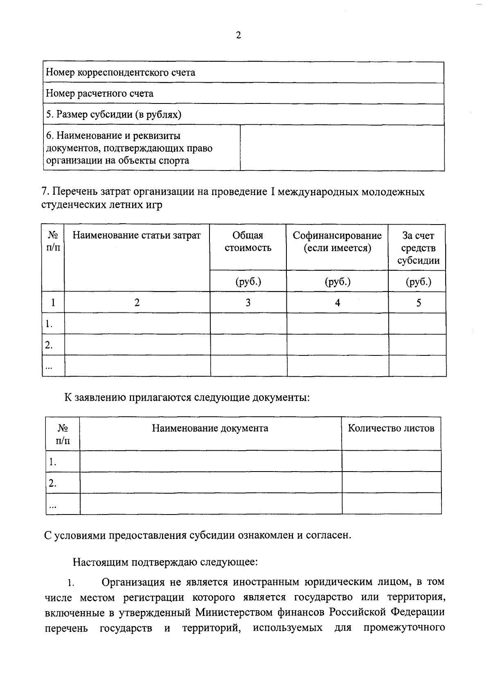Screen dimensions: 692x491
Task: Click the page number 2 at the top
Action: [x=239, y=36]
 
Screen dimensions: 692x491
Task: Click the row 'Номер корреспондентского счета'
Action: [x=120, y=73]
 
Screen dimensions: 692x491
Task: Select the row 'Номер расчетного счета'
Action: [x=99, y=94]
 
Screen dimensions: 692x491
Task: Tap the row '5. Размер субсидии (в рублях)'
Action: [x=113, y=115]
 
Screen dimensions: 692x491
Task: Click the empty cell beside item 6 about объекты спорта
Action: [x=342, y=148]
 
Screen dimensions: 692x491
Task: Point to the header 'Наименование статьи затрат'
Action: [x=137, y=236]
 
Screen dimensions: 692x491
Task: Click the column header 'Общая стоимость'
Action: [x=248, y=242]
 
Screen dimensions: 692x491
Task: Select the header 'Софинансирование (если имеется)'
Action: [x=337, y=242]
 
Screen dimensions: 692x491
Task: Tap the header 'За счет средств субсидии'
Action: [x=418, y=248]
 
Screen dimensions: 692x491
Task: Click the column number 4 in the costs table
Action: [x=338, y=303]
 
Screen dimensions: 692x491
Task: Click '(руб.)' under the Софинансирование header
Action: [x=338, y=281]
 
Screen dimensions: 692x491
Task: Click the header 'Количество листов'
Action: [x=391, y=428]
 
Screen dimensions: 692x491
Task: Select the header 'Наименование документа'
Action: [x=210, y=428]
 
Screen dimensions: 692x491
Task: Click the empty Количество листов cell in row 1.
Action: [x=391, y=461]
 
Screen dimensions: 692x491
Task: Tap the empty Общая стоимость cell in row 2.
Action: [x=248, y=345]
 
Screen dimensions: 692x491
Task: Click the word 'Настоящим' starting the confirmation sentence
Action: [x=101, y=562]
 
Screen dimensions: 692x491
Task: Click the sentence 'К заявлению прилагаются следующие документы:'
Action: [x=187, y=398]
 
